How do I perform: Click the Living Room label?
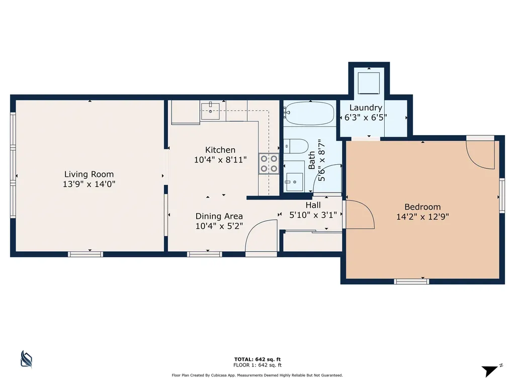89,174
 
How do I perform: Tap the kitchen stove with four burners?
269,164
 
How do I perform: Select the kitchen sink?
210,111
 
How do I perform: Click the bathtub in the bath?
309,113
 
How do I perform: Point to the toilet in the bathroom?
296,146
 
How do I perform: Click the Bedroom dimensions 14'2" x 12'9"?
422,217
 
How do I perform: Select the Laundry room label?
366,108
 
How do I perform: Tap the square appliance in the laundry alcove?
369,83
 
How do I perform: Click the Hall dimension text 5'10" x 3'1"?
313,215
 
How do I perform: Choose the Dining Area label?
219,216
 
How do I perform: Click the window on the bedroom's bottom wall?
411,281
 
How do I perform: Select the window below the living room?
85,254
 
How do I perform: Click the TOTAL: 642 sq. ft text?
257,359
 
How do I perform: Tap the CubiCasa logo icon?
26,359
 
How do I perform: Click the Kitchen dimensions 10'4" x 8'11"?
220,160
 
